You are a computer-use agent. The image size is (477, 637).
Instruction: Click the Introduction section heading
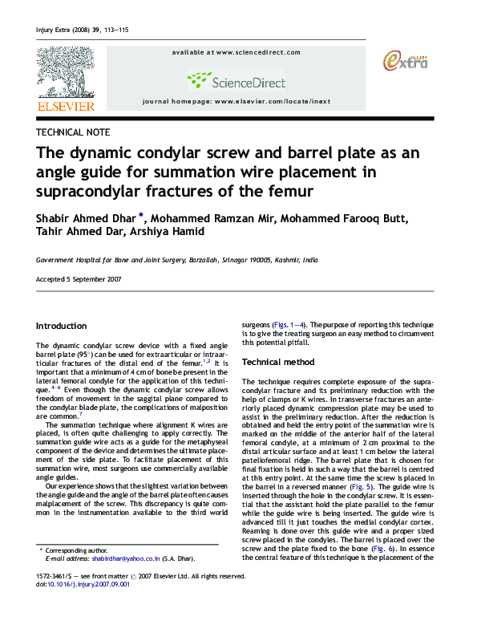coord(62,326)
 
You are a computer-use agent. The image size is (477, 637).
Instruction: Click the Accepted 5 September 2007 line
coord(79,278)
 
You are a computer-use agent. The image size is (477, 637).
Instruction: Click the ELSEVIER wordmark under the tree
coord(65,106)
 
